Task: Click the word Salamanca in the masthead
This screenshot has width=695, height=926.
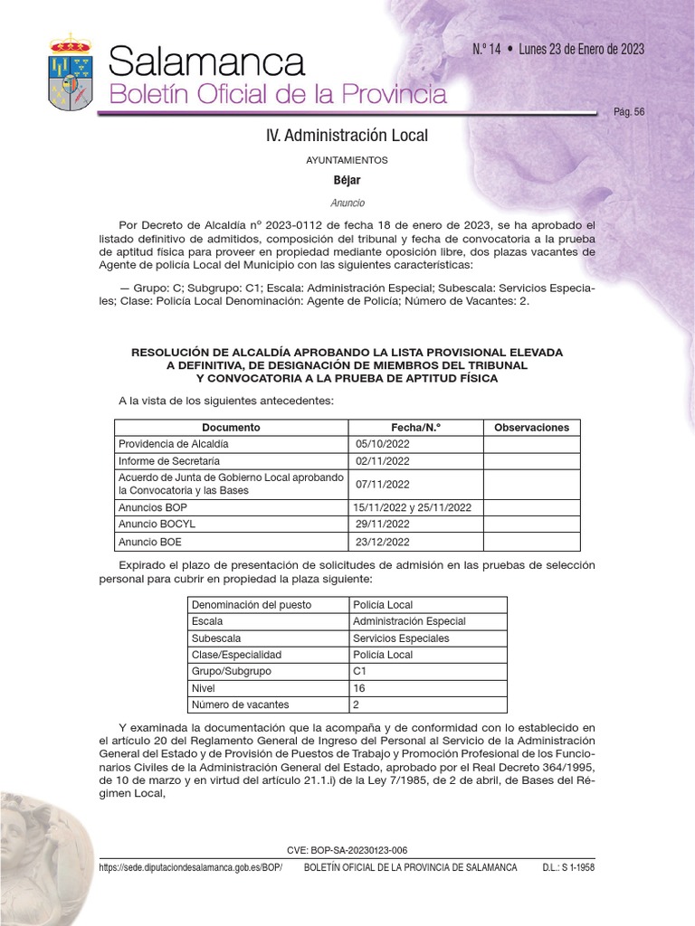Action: [205, 62]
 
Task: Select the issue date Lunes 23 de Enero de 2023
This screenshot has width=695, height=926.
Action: [582, 50]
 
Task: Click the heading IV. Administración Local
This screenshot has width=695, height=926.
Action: [347, 136]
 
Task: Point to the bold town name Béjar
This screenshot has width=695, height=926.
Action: [347, 180]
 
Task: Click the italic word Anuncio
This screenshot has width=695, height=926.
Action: [347, 203]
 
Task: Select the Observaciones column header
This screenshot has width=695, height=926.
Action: [531, 428]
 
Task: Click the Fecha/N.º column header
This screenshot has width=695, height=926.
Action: [416, 428]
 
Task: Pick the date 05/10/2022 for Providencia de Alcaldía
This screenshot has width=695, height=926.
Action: [384, 444]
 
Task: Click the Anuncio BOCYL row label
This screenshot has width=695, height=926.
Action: [157, 524]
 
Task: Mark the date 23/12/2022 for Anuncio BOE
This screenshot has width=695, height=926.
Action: [384, 542]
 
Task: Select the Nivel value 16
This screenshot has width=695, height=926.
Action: [359, 687]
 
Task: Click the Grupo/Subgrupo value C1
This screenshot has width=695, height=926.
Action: [360, 671]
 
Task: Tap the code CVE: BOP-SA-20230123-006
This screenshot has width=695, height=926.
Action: [347, 850]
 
